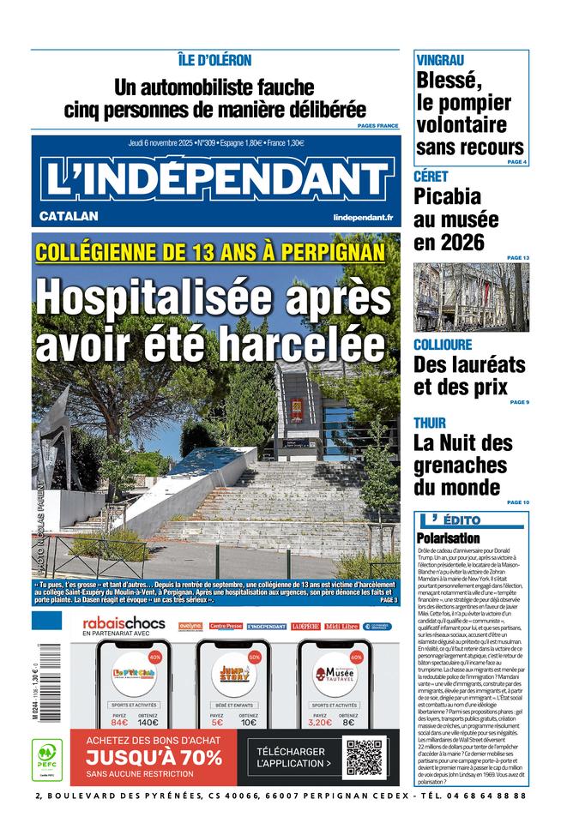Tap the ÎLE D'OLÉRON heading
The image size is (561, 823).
click(214, 60)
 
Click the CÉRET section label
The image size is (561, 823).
click(431, 177)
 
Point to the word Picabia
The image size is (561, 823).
click(453, 197)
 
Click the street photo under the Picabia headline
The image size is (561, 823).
click(471, 297)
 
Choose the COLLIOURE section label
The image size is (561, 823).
click(443, 345)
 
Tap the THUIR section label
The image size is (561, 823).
click(430, 424)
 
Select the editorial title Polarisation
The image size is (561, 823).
click(449, 538)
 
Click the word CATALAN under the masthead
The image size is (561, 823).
click(69, 216)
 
